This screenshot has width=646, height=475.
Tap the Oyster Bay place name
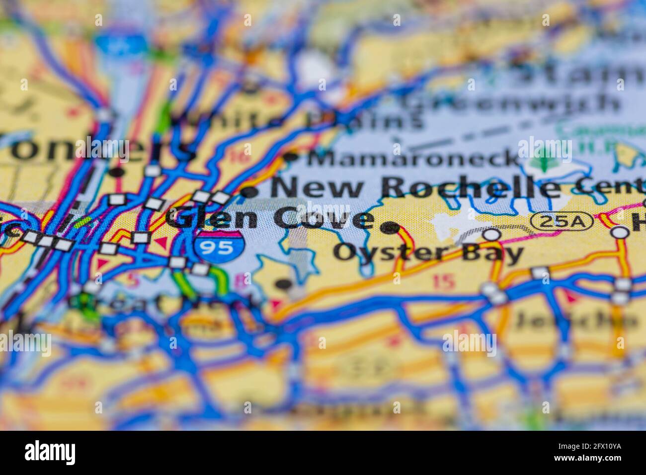click(x=428, y=252)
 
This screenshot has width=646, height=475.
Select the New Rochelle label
click(x=415, y=188)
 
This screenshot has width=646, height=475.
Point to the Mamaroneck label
click(x=412, y=158)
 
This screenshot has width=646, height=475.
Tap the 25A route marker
click(x=562, y=222)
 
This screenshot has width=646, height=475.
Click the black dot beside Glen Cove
click(x=390, y=228)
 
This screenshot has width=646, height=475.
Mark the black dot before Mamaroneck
click(x=291, y=158)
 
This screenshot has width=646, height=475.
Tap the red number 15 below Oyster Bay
click(x=443, y=282)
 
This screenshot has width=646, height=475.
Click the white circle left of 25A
click(x=491, y=234)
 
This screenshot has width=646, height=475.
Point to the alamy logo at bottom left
click(x=50, y=452)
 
